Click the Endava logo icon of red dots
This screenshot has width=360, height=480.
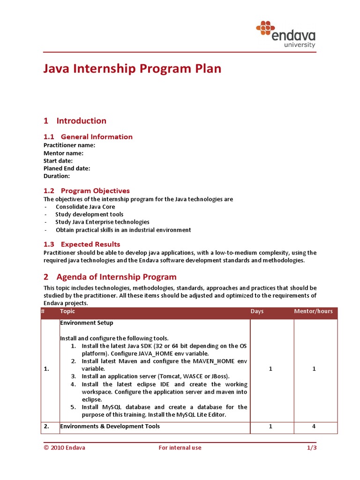click(265, 28)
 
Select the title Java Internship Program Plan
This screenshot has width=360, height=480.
click(132, 69)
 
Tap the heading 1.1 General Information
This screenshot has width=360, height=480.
click(88, 137)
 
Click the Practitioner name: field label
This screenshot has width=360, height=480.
click(69, 145)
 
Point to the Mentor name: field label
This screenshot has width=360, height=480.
click(64, 153)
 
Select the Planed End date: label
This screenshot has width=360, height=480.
click(67, 168)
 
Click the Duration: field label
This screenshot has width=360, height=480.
click(57, 176)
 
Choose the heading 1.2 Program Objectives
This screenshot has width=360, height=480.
click(87, 191)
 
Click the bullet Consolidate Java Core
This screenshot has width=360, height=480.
click(85, 207)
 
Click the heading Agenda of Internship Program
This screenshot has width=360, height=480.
click(116, 277)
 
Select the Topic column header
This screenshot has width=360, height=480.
click(67, 311)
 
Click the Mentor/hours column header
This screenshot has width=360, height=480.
click(313, 311)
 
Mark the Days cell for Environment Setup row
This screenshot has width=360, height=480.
click(271, 369)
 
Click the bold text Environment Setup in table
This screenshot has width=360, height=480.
click(86, 323)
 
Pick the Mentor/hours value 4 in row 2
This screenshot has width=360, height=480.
click(315, 427)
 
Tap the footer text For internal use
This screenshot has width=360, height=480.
click(180, 448)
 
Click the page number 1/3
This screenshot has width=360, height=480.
click(311, 448)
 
